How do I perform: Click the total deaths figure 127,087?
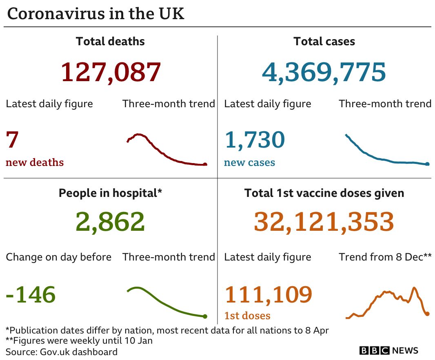(111, 72)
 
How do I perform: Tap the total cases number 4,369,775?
(324, 72)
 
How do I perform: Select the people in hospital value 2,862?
(110, 221)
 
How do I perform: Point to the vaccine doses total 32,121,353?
(324, 221)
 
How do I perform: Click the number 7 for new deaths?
(12, 140)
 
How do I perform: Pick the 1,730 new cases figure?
(254, 140)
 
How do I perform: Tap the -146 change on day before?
(31, 294)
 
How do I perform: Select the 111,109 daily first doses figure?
(268, 294)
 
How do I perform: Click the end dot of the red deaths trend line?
(205, 165)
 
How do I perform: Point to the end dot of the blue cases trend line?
(427, 164)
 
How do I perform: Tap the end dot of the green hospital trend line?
(205, 316)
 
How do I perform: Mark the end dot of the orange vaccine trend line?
(427, 314)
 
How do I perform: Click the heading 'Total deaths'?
(110, 41)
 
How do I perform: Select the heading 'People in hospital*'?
(110, 193)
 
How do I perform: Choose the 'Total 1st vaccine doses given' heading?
(324, 193)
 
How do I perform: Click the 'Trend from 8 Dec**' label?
(385, 257)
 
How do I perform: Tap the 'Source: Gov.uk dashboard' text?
(62, 352)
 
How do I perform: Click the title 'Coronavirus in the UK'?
(96, 13)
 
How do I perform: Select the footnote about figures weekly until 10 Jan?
(79, 341)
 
